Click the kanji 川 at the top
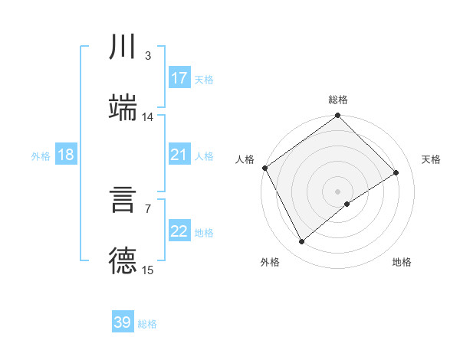[x=123, y=47]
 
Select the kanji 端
[x=123, y=107]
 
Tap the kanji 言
[x=123, y=201]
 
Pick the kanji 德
[x=123, y=260]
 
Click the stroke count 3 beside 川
[x=147, y=56]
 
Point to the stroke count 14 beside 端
[x=148, y=117]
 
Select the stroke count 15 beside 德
[x=148, y=270]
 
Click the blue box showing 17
[x=179, y=78]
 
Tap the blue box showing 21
[x=179, y=155]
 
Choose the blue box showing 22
[x=179, y=231]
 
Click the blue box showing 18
[x=66, y=155]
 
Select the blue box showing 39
[x=123, y=322]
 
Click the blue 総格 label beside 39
[x=147, y=324]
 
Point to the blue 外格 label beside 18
[x=41, y=156]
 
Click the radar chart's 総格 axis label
[x=338, y=100]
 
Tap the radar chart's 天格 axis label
[x=431, y=159]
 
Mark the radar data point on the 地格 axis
[x=347, y=204]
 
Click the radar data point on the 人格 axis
[x=264, y=168]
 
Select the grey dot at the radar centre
[x=338, y=191]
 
